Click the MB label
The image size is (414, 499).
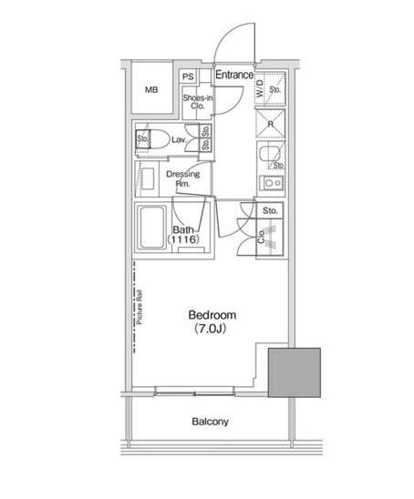click(151, 90)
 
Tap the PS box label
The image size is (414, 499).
click(188, 76)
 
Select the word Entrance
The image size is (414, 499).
click(234, 75)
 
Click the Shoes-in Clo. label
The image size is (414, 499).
click(198, 102)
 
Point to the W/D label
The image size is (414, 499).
click(260, 88)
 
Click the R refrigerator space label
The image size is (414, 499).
click(271, 124)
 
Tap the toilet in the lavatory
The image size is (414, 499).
click(153, 139)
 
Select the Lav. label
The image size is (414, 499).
click(179, 139)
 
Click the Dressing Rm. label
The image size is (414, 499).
click(183, 178)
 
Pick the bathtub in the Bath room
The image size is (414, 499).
click(152, 228)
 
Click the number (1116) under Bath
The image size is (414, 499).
click(183, 239)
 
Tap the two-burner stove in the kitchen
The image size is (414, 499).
click(272, 183)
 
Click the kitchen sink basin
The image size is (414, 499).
click(267, 154)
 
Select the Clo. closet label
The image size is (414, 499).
click(262, 236)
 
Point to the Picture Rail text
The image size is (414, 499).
click(140, 308)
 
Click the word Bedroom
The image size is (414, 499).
click(212, 315)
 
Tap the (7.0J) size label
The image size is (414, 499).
click(211, 329)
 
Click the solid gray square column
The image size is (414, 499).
click(295, 372)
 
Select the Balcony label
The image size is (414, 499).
click(211, 422)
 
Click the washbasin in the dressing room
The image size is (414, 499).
click(148, 178)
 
